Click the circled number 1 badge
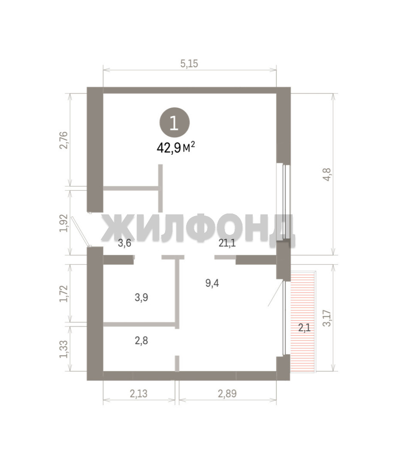click(x=174, y=123)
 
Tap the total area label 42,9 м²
click(x=176, y=147)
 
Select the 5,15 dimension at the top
click(x=189, y=63)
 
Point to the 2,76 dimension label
click(x=64, y=140)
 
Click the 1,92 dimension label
click(x=64, y=223)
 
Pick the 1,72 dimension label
click(x=64, y=294)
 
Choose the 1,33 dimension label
click(x=64, y=349)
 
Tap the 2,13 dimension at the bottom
click(x=138, y=393)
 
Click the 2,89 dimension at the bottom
click(x=227, y=393)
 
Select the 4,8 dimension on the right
click(x=328, y=174)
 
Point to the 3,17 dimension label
click(x=327, y=318)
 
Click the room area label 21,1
click(x=227, y=243)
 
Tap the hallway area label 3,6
click(x=124, y=244)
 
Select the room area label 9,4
click(x=212, y=283)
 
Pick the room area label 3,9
click(x=141, y=298)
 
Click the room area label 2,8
click(x=141, y=341)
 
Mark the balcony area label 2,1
click(x=304, y=328)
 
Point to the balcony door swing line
click(x=275, y=293)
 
